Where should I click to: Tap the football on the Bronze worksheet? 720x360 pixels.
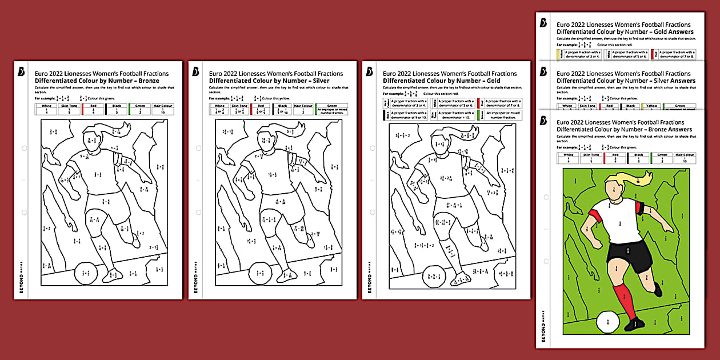coord(86,273)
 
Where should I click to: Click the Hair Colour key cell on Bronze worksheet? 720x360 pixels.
coord(162,109)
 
